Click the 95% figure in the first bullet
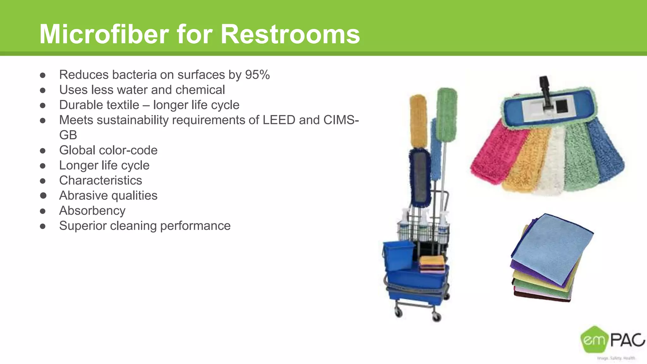tap(257, 75)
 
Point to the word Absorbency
tap(92, 211)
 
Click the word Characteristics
tap(100, 180)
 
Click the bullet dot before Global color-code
tap(43, 150)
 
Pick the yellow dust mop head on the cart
tap(419, 122)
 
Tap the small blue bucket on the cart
tap(399, 255)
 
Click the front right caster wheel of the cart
tap(437, 317)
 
